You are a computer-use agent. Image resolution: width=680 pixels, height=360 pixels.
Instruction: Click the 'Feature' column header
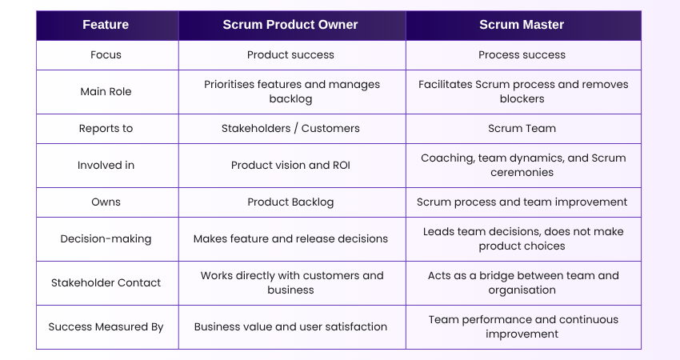click(106, 25)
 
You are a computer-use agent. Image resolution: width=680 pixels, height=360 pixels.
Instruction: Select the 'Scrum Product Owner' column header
click(290, 25)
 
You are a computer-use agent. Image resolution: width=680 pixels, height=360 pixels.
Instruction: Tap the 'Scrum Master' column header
click(522, 25)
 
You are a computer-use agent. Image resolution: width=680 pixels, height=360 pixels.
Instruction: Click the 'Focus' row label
click(106, 55)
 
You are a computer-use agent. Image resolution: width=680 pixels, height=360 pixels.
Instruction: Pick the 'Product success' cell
click(290, 55)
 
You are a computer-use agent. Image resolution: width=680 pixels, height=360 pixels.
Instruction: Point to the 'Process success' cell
click(522, 55)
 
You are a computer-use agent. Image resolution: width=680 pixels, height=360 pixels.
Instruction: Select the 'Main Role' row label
click(106, 92)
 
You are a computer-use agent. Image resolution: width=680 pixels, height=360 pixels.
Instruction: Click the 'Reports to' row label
click(106, 129)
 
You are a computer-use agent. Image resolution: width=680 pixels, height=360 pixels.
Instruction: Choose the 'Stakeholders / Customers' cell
click(290, 129)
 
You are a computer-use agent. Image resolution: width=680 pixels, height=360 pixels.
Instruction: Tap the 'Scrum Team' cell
click(522, 129)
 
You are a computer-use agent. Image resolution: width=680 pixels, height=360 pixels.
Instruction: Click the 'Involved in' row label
click(106, 166)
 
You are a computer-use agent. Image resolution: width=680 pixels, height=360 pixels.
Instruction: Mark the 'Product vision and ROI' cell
click(290, 166)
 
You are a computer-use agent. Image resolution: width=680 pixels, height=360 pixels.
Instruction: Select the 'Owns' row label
click(106, 202)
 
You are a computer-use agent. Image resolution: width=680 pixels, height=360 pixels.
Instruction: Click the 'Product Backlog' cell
click(290, 202)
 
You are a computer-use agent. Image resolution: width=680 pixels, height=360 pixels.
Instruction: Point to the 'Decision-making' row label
click(106, 239)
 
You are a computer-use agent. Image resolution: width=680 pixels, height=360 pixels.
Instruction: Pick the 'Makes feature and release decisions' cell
click(290, 239)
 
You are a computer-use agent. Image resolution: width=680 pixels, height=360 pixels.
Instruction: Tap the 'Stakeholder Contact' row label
click(106, 283)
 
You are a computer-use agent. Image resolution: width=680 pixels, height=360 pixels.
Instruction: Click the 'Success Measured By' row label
click(106, 327)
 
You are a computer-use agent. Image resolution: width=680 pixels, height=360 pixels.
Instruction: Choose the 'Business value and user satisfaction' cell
click(290, 327)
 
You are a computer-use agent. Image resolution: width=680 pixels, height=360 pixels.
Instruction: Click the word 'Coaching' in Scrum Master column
click(445, 158)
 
